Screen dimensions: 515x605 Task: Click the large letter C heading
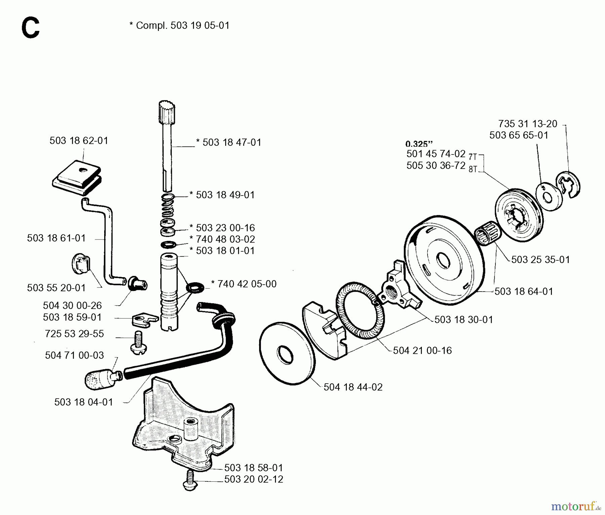point(30,29)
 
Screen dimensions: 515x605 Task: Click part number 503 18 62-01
point(79,140)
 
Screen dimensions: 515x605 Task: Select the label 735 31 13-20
point(528,124)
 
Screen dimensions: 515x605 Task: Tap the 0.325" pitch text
point(419,144)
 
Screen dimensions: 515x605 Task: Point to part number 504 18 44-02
point(353,387)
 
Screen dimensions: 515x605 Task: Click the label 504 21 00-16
point(422,350)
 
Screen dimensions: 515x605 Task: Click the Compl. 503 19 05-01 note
point(179,26)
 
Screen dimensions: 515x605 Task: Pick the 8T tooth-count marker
point(473,169)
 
